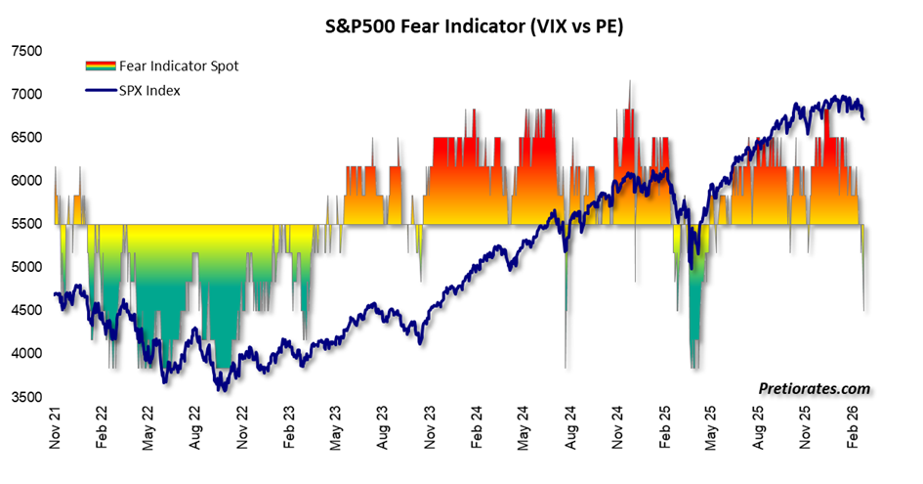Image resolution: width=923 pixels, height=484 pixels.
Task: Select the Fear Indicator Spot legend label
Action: coord(179,66)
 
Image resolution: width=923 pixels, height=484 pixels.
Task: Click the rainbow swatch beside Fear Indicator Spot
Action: coord(100,66)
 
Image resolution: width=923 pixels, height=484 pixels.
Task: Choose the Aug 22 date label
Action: coord(196,432)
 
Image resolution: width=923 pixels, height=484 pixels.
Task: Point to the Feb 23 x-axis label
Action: coord(290,432)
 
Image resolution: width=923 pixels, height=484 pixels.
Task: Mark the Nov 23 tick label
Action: coord(431,432)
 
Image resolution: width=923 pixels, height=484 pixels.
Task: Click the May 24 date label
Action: coord(524,432)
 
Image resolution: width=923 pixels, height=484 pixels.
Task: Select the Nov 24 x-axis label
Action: coord(619,432)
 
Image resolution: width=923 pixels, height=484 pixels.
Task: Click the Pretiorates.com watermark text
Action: coord(814,388)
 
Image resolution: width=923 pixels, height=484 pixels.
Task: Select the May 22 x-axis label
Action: coord(149,432)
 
